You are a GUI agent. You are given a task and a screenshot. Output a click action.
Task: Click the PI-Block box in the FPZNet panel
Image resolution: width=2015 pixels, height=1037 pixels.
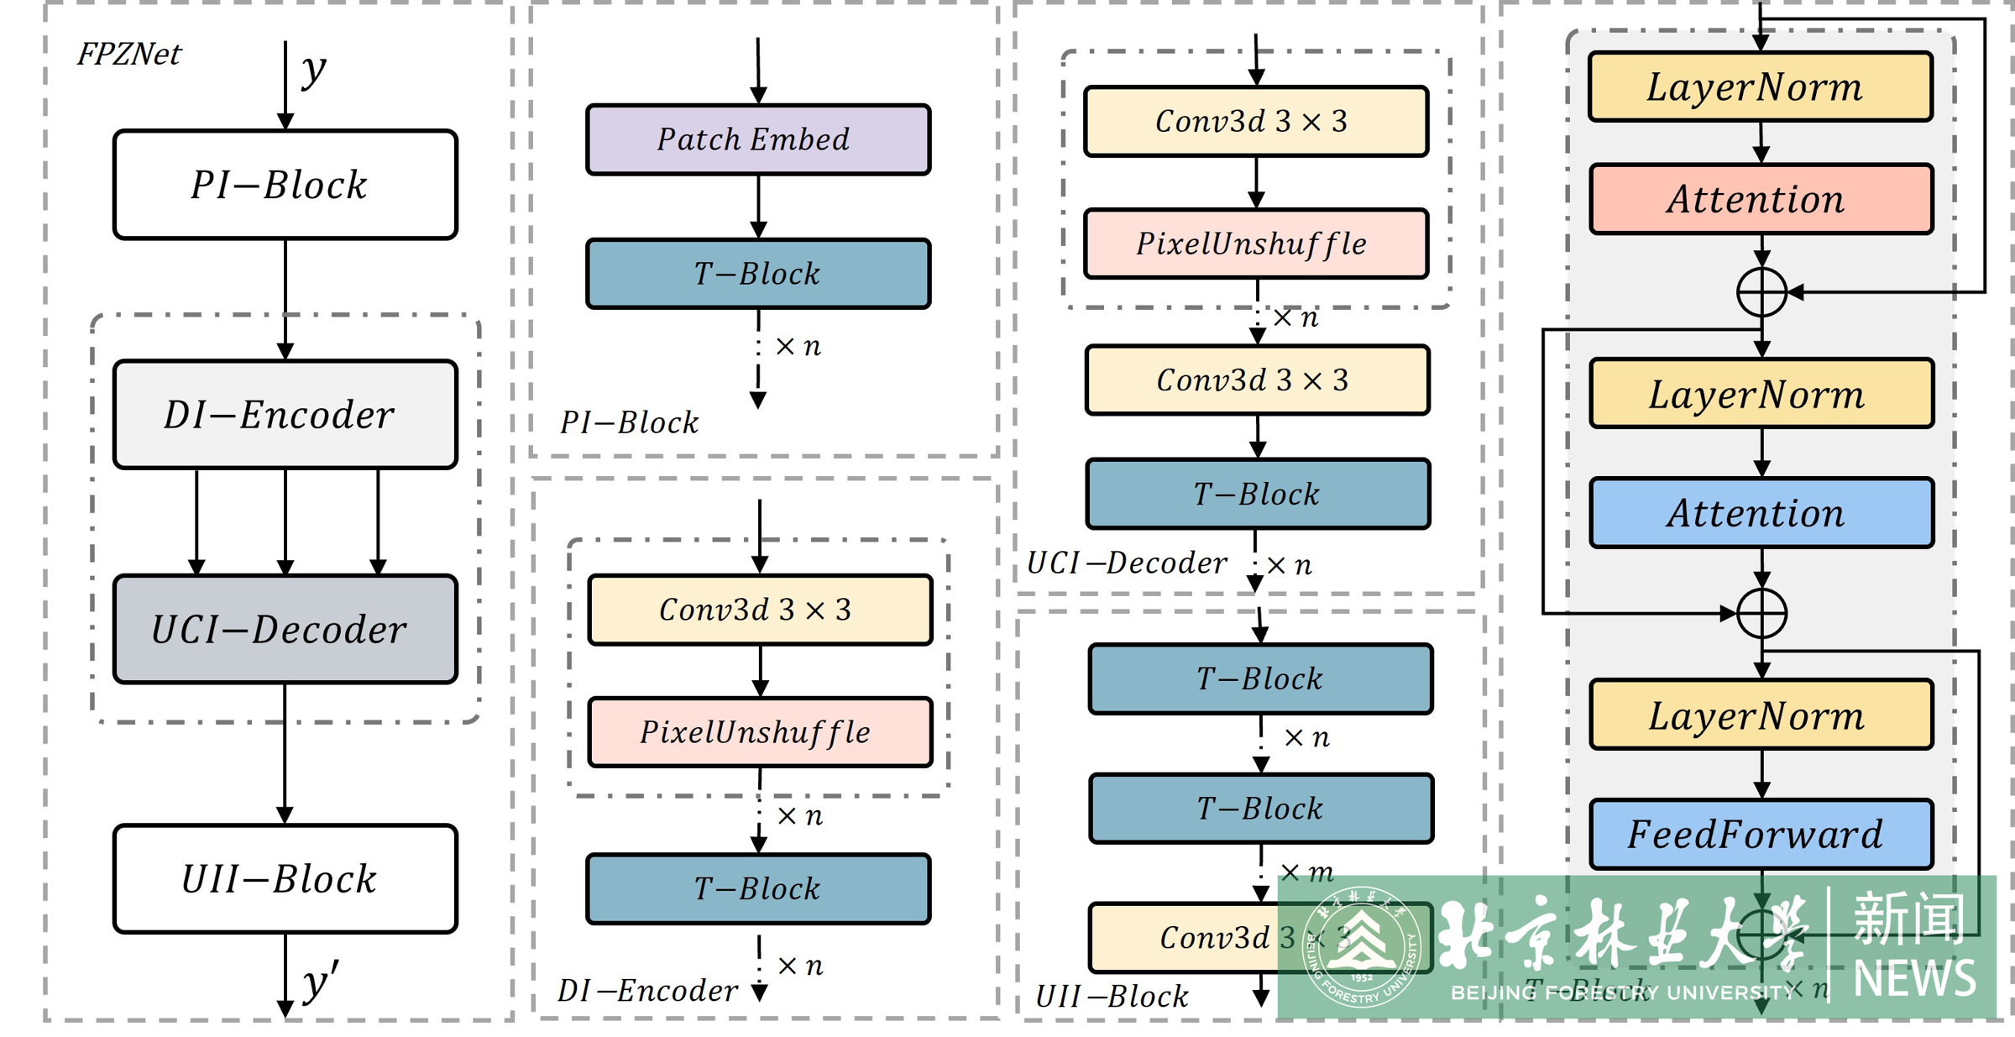(285, 185)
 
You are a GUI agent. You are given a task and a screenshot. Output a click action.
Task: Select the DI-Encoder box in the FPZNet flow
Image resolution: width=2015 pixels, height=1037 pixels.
(285, 414)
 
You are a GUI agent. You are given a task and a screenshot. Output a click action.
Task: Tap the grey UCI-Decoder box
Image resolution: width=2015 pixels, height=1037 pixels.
(285, 629)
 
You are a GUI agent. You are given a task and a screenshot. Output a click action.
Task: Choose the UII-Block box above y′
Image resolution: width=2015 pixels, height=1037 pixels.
(285, 878)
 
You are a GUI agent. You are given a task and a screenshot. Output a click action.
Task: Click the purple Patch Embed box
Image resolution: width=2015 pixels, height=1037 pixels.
(758, 139)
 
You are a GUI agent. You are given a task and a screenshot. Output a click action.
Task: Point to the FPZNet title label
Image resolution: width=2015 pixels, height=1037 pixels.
(128, 55)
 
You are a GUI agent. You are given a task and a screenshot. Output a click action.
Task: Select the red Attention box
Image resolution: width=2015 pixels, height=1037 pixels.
(1761, 199)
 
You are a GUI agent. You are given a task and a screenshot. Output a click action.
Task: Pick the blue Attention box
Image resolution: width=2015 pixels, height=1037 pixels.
(1761, 513)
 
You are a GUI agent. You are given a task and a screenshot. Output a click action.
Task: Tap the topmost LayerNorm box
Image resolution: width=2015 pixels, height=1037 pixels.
(1761, 86)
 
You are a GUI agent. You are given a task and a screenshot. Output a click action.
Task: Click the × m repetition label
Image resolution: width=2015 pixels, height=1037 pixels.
(1307, 872)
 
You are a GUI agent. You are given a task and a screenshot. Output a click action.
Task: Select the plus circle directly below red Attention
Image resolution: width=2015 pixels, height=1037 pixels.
(1761, 292)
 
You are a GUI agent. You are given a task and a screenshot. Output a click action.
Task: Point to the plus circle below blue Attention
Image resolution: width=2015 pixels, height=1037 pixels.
(1761, 613)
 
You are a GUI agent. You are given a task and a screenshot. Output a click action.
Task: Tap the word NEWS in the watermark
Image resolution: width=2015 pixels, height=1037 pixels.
(1914, 978)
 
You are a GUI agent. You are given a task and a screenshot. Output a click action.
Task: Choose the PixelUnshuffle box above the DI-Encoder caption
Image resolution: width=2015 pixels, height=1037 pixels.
(760, 732)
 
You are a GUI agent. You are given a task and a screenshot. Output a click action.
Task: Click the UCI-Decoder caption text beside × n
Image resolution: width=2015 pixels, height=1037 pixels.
(1127, 563)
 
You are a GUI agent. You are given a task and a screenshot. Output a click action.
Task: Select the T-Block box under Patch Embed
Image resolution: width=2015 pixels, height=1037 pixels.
(758, 274)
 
